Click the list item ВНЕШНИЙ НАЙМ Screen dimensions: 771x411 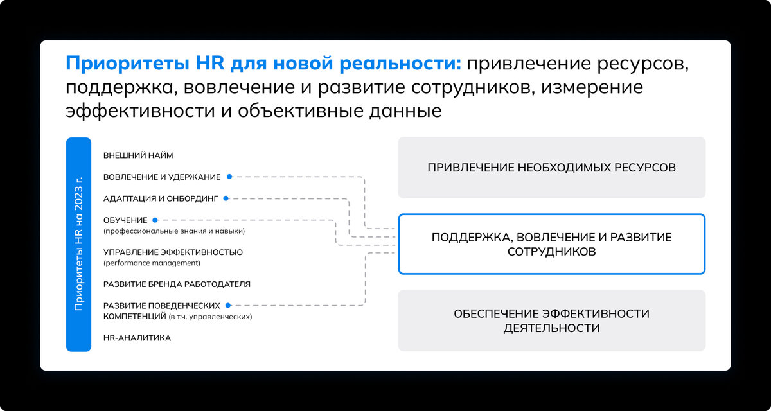click(x=138, y=155)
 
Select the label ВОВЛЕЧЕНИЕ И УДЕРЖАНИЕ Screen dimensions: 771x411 click(x=162, y=177)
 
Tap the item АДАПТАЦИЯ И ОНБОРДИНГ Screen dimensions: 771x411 click(x=161, y=198)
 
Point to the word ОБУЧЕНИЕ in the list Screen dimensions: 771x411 click(x=125, y=220)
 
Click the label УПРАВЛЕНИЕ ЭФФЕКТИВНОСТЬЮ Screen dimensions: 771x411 click(x=173, y=252)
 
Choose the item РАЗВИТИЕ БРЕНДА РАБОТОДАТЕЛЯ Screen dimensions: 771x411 click(x=177, y=284)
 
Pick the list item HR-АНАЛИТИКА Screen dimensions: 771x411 click(x=137, y=338)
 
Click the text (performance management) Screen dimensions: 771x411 click(x=152, y=263)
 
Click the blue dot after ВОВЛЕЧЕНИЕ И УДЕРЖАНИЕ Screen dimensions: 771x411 click(x=229, y=177)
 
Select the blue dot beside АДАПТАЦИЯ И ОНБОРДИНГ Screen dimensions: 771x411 click(x=226, y=198)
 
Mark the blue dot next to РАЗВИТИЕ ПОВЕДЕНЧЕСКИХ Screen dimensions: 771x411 click(x=229, y=306)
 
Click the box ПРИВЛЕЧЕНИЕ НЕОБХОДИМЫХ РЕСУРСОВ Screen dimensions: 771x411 click(x=551, y=168)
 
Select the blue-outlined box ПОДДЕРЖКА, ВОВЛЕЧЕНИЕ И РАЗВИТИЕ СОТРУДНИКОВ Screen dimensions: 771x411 click(x=551, y=244)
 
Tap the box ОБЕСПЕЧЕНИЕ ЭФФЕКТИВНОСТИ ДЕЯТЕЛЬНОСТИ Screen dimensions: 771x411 click(x=551, y=320)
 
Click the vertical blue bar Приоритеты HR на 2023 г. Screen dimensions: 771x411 click(x=78, y=244)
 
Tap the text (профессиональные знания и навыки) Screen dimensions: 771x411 click(x=173, y=231)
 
